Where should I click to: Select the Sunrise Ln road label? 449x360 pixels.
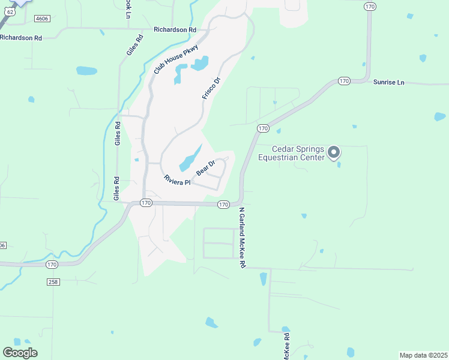pyautogui.click(x=388, y=82)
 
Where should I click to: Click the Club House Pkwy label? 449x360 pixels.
pyautogui.click(x=175, y=58)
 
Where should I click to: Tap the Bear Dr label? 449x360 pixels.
pyautogui.click(x=205, y=167)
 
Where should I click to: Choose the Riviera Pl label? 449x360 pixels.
pyautogui.click(x=177, y=179)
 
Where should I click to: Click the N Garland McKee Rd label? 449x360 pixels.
pyautogui.click(x=243, y=238)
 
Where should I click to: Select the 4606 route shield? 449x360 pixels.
pyautogui.click(x=41, y=19)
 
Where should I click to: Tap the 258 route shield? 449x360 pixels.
pyautogui.click(x=52, y=281)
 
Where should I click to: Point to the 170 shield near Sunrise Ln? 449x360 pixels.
pyautogui.click(x=343, y=80)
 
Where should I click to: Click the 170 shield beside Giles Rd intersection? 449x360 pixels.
pyautogui.click(x=146, y=203)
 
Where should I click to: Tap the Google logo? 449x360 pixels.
pyautogui.click(x=20, y=353)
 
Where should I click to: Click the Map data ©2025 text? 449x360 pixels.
pyautogui.click(x=423, y=355)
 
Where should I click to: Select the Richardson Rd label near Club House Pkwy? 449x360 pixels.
pyautogui.click(x=175, y=29)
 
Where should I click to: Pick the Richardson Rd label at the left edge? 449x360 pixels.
pyautogui.click(x=21, y=37)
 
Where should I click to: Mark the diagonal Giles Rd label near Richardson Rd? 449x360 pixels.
pyautogui.click(x=135, y=46)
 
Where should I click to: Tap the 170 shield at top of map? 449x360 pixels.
pyautogui.click(x=370, y=6)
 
